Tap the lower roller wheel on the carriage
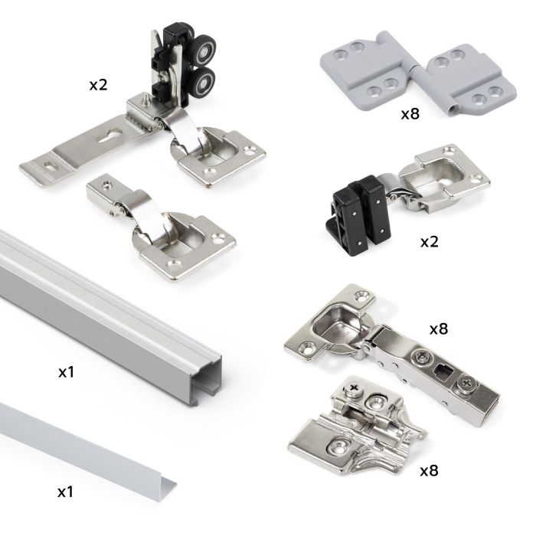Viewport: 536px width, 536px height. point(204,83)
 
